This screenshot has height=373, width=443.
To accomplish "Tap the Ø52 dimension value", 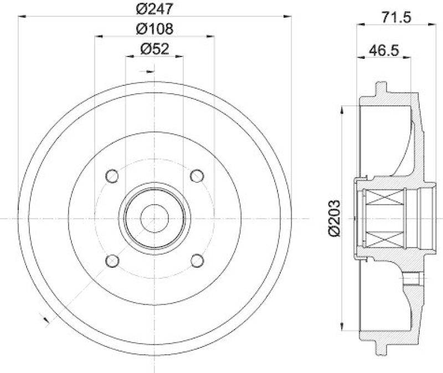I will [x=154, y=49].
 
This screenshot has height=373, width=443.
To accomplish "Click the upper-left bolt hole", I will [x=112, y=176].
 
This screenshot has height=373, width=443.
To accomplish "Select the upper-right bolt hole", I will [x=197, y=176].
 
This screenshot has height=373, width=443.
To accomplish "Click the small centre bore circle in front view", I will [x=154, y=218].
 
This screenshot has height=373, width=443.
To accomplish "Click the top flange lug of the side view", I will [x=380, y=89].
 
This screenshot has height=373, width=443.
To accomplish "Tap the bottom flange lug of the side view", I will [x=380, y=347].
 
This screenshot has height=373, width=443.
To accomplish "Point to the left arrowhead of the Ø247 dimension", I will [x=23, y=17].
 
